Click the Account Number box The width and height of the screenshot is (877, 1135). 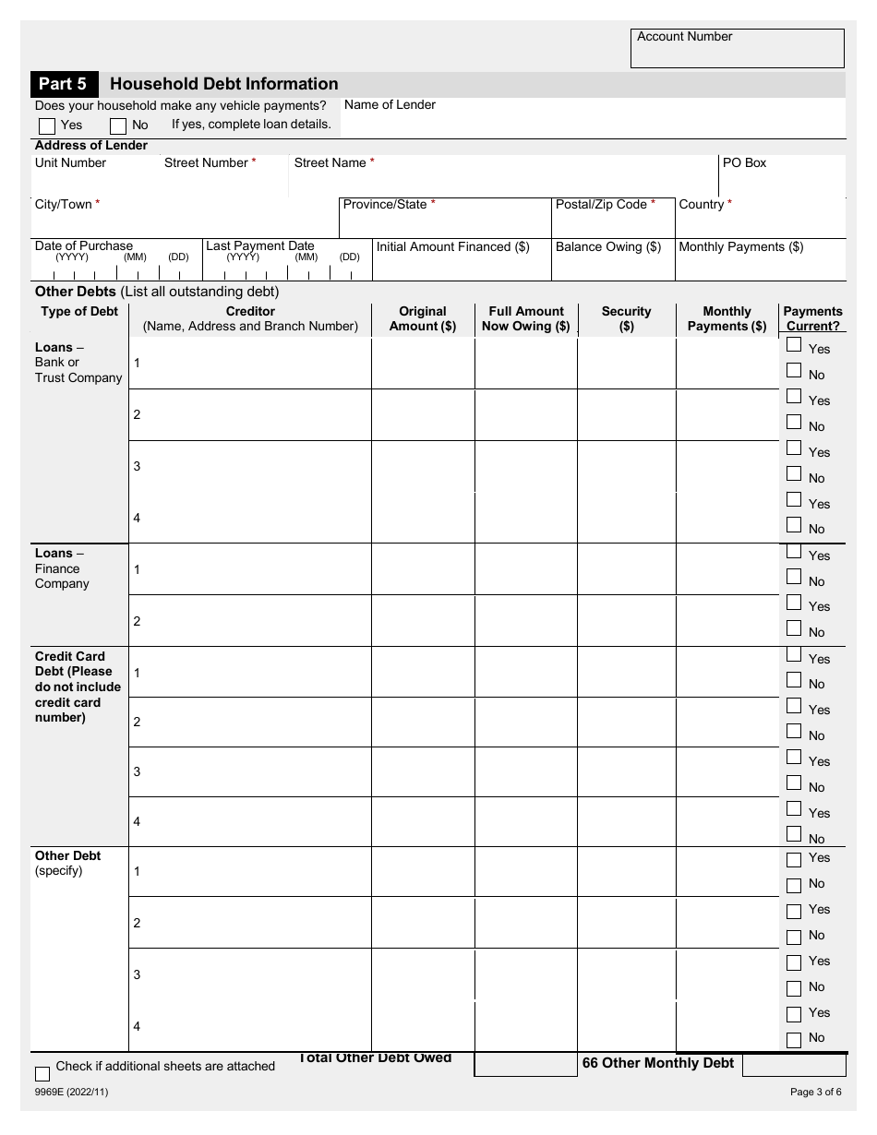737,54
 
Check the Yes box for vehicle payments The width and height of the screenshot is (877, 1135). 47,125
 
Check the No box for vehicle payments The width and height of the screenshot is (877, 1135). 118,125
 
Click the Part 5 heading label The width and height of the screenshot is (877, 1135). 63,84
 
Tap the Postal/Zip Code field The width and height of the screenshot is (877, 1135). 612,222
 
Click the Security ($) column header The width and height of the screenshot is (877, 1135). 626,318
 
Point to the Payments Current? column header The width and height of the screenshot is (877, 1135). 812,318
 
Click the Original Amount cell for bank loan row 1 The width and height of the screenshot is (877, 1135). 423,364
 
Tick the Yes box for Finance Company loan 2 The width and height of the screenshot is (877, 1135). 794,603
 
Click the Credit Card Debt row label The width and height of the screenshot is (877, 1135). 78,687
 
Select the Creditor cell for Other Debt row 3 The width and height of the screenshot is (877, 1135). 250,974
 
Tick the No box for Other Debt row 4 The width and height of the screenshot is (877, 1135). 794,1040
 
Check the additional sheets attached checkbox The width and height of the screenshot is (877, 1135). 42,1073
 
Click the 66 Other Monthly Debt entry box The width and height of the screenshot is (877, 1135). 793,1065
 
